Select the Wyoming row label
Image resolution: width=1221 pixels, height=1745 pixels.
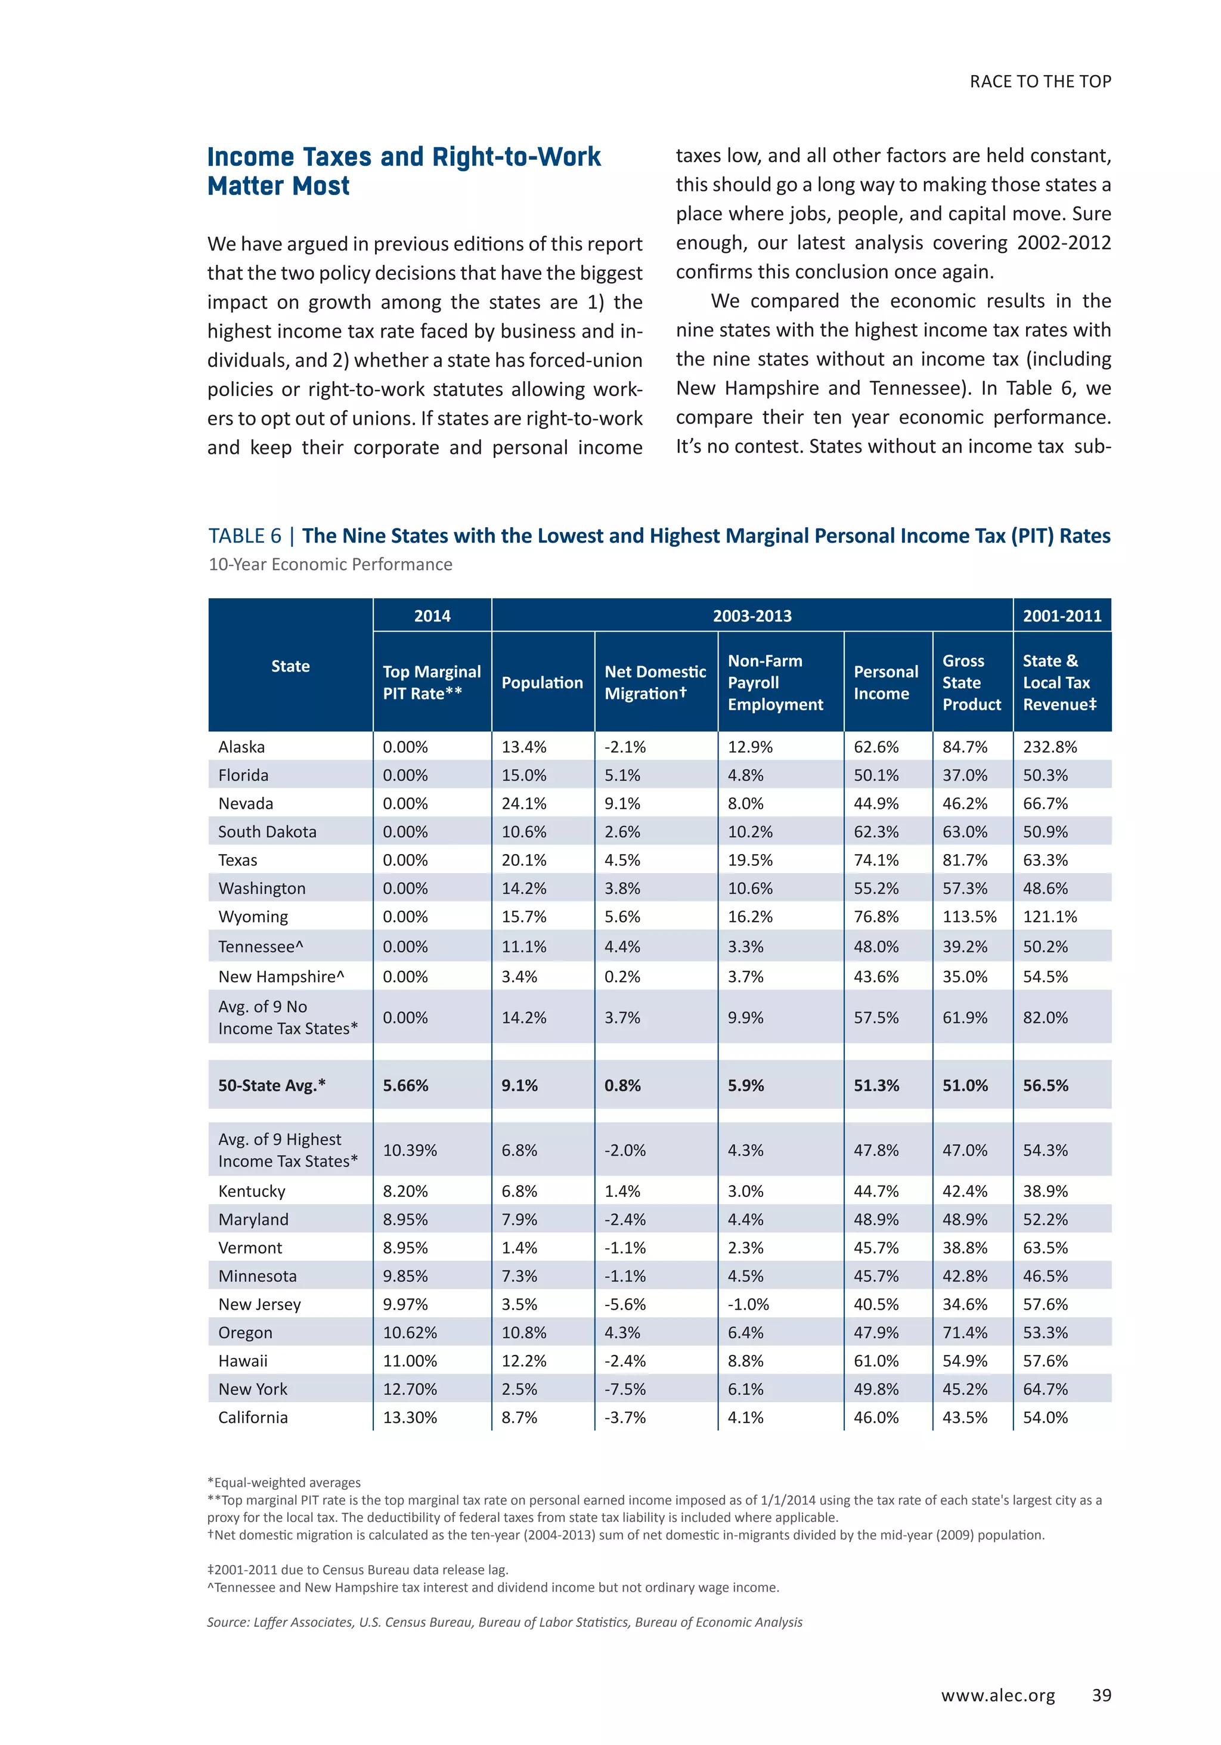(x=253, y=917)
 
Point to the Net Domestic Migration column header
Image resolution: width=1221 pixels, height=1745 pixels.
(x=655, y=682)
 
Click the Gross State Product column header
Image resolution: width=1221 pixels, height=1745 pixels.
(x=971, y=682)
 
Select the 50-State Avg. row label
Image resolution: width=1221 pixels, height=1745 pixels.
(x=271, y=1085)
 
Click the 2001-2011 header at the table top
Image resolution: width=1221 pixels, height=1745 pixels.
(x=1061, y=615)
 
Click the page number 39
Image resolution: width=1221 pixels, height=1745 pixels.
(x=1101, y=1695)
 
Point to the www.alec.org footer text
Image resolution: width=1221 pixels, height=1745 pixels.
(x=997, y=1696)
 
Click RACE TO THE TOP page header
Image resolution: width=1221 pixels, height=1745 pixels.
(x=1039, y=81)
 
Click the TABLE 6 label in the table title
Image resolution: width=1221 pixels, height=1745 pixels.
(x=244, y=536)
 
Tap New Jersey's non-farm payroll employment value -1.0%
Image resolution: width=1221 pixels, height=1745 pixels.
(x=748, y=1304)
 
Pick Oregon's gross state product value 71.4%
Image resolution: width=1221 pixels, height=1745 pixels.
(x=964, y=1332)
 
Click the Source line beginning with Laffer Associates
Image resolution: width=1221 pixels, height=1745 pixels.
(x=504, y=1622)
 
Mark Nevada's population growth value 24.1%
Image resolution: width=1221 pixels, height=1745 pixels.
(x=523, y=803)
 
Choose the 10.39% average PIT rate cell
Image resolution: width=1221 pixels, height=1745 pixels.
(x=410, y=1150)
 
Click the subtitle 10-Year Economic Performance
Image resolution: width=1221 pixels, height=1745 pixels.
(x=330, y=565)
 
